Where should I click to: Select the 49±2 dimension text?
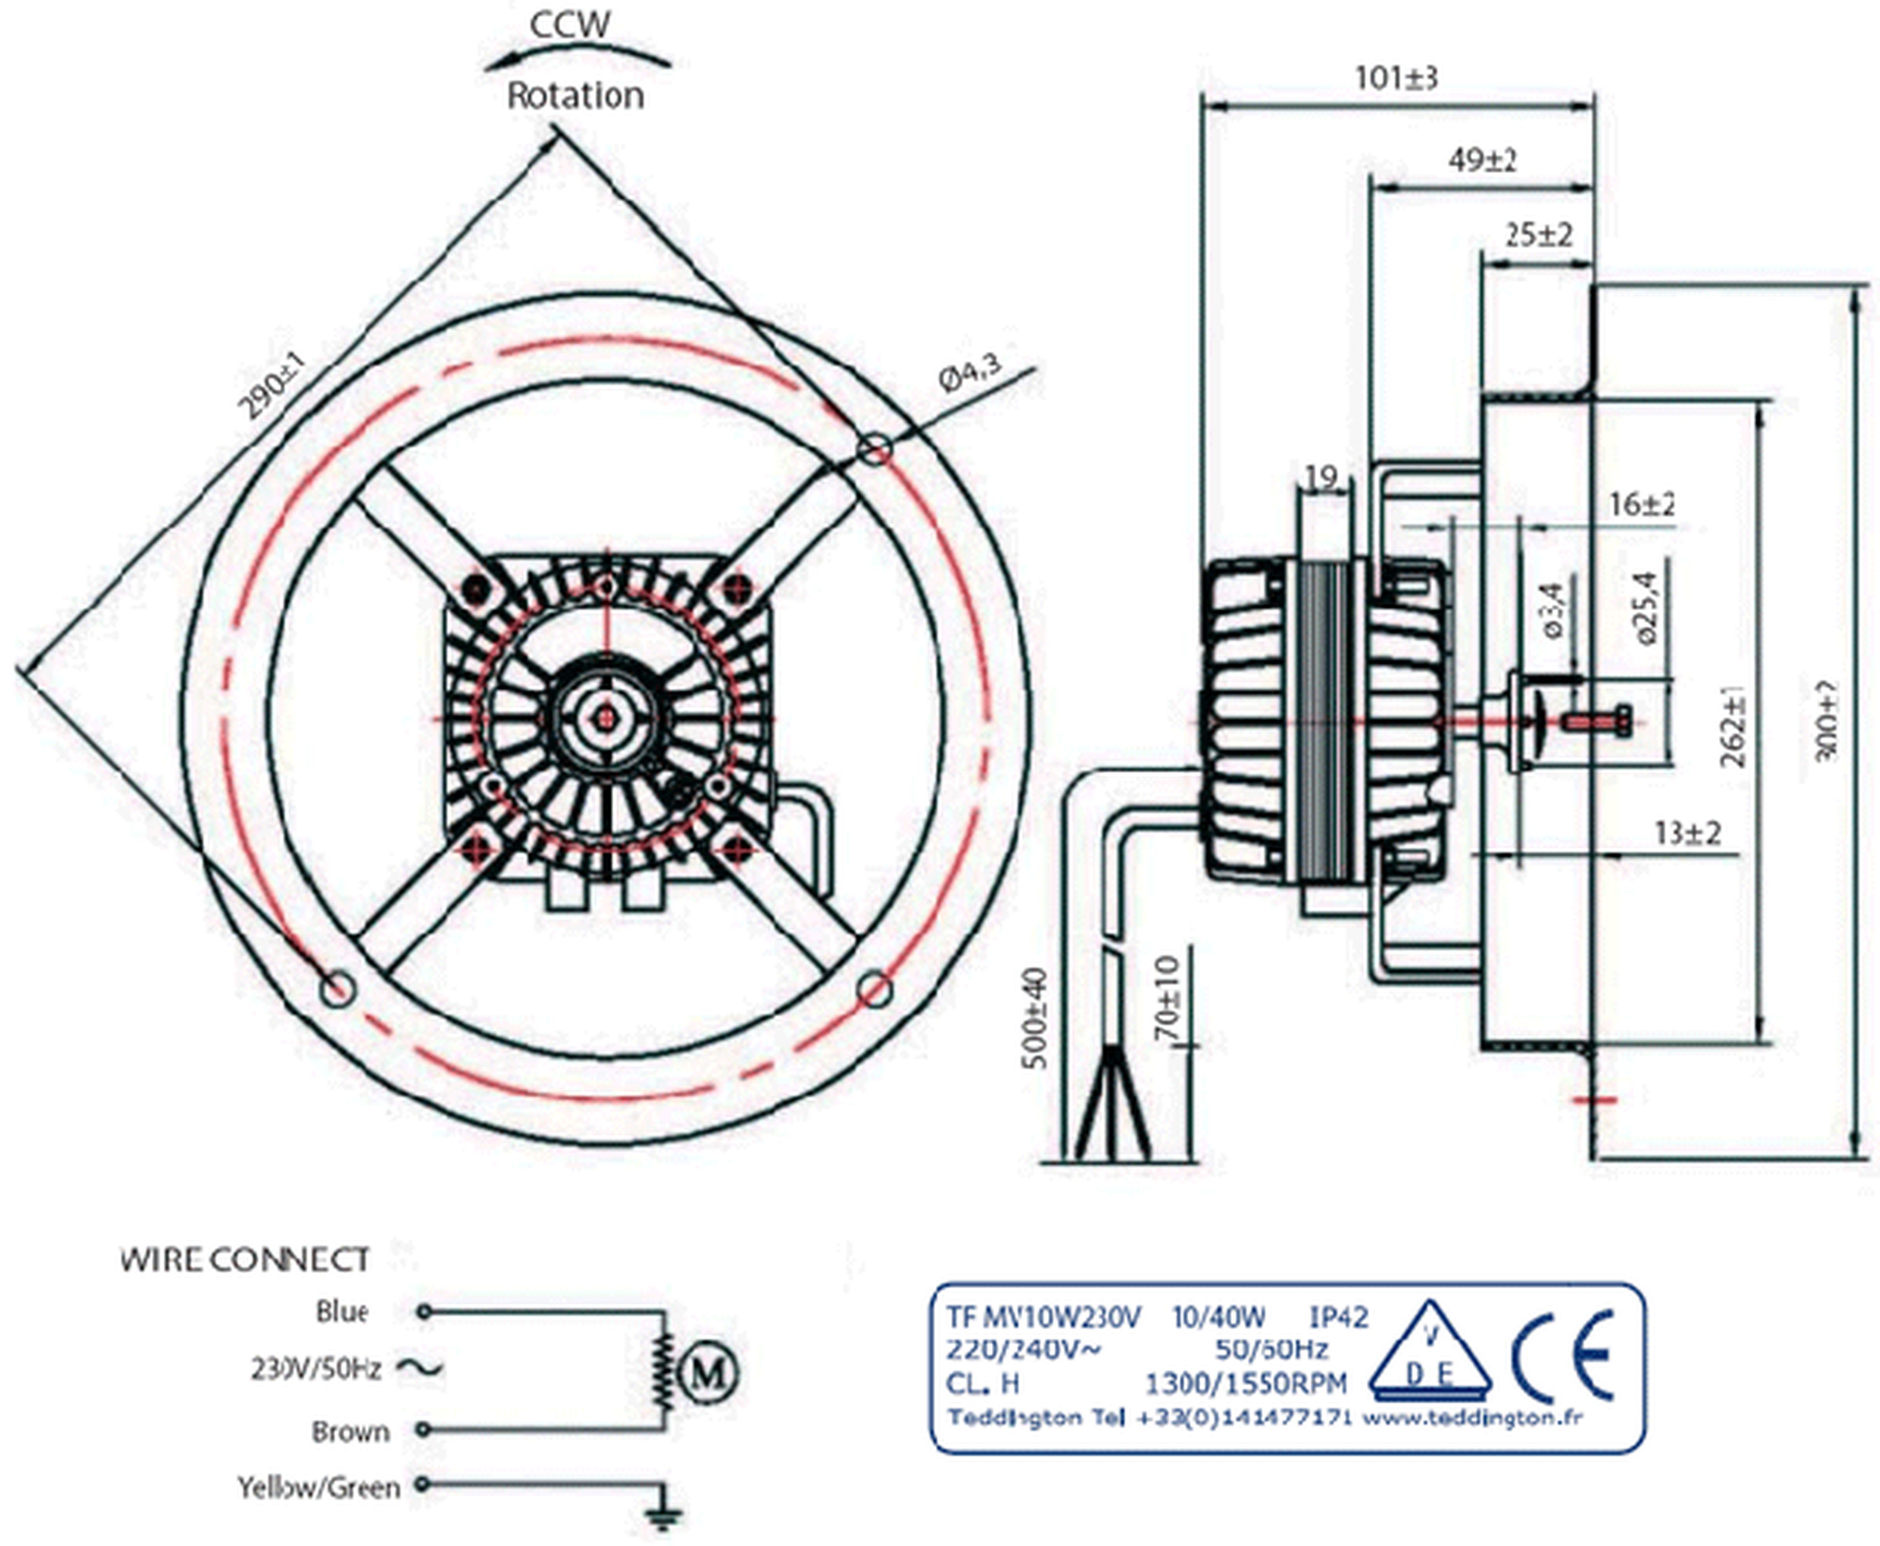1481,160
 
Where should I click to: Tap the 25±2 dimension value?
1538,235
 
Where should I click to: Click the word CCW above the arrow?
570,24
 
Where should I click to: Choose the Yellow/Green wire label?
318,1487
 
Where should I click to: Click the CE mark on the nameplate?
1563,1356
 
